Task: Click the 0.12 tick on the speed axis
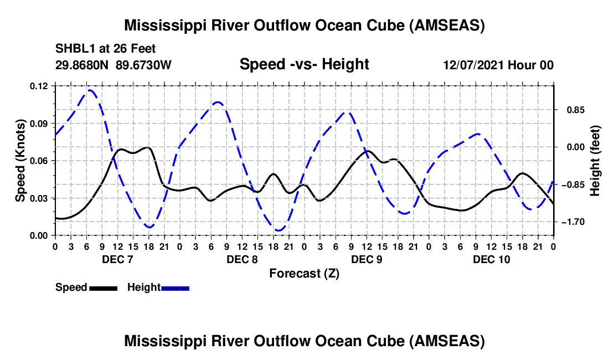pos(40,86)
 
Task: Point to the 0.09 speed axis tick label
pos(40,123)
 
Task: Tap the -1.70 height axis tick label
pos(573,222)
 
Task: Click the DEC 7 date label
pos(117,259)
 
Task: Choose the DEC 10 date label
pos(491,259)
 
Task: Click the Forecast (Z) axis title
pos(304,274)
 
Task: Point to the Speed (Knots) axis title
pos(20,161)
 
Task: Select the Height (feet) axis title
pos(595,161)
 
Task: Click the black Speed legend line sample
pos(103,288)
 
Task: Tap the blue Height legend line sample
pos(175,288)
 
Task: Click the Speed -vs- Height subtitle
pos(304,65)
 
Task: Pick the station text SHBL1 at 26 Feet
pos(106,49)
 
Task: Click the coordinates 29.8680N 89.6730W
pos(113,65)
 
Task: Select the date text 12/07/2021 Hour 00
pos(498,65)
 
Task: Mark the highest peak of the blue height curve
pos(90,90)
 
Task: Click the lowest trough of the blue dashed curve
pos(278,230)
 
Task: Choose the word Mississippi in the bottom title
pos(164,341)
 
